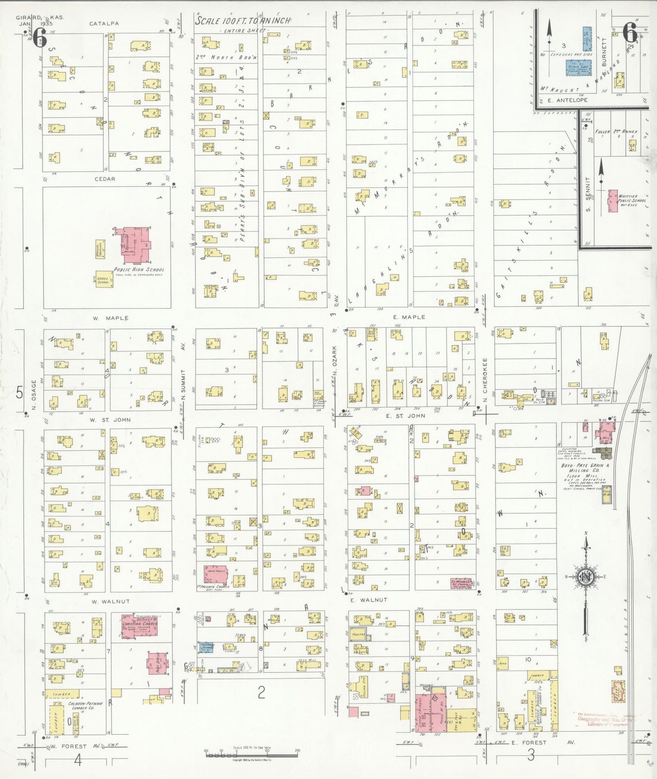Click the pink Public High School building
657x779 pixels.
tap(133, 245)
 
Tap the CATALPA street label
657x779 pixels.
tap(104, 23)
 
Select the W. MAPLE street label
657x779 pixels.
tap(110, 318)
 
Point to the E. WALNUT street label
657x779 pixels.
tap(369, 600)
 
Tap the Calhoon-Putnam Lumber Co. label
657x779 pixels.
tap(85, 705)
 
